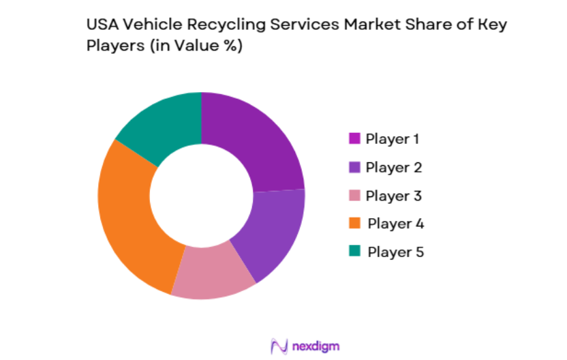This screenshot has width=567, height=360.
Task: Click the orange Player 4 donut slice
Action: tap(129, 218)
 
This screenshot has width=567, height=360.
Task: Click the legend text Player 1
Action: tap(393, 138)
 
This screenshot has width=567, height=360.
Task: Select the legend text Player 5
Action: tap(396, 252)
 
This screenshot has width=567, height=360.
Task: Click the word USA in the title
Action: tap(101, 25)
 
